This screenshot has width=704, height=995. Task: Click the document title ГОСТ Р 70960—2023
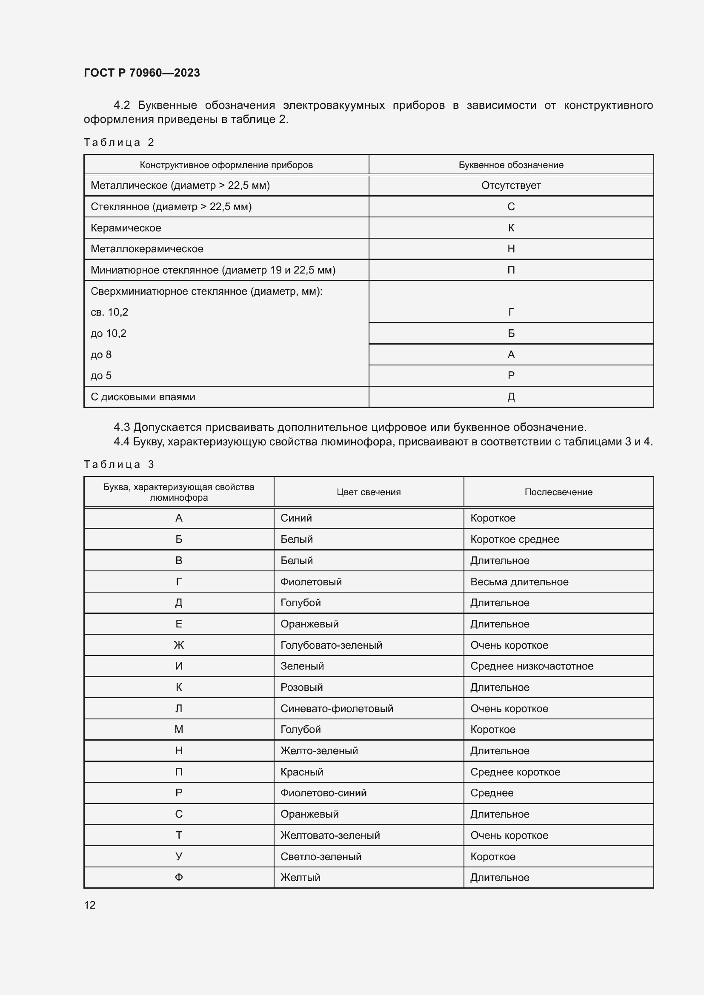coord(142,73)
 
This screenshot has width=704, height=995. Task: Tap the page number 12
coord(90,905)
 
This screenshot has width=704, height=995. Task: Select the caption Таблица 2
coord(119,143)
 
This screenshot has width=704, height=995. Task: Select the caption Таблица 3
coord(119,465)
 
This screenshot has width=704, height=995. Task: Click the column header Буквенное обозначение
coord(511,165)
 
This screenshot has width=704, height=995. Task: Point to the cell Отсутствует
coord(511,185)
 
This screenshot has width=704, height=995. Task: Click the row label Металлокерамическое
coord(147,249)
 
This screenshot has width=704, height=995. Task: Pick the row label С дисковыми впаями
coord(143,397)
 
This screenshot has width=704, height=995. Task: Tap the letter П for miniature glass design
coord(511,270)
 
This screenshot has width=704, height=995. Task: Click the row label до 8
coord(101,354)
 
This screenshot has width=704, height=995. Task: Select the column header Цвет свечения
coord(369,492)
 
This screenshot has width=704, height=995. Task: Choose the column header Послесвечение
coord(558,492)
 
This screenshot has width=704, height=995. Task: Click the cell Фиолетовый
coord(311,582)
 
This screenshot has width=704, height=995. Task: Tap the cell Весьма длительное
coord(519,582)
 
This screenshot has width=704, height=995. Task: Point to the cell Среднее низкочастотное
coord(532,666)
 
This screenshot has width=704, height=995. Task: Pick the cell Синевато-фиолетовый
coord(336,709)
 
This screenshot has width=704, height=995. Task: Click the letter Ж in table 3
coord(179,645)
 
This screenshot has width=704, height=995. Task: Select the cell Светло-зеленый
coord(321,856)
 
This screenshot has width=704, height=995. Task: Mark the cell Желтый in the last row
coord(300,878)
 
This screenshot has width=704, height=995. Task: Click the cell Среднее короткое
coord(515,772)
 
